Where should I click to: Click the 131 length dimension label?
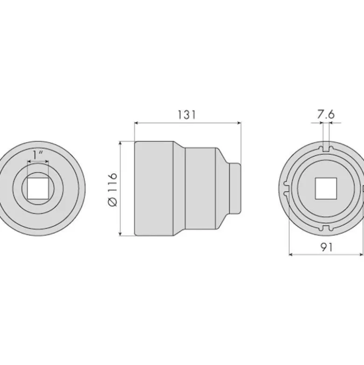coord(187,115)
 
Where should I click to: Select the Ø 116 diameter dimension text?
coord(113,189)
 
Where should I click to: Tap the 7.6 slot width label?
coord(326,115)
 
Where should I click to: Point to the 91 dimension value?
coord(327,247)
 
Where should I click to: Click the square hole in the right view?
coord(326,188)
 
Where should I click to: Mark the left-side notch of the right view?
coord(286,188)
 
